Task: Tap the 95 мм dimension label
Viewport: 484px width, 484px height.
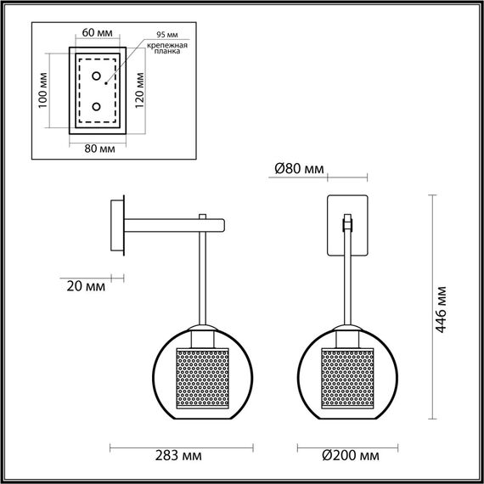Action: [160, 34]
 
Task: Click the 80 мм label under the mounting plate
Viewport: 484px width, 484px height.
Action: [99, 148]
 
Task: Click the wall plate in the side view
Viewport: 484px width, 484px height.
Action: [119, 225]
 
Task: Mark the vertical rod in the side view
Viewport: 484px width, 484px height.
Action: [203, 280]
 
